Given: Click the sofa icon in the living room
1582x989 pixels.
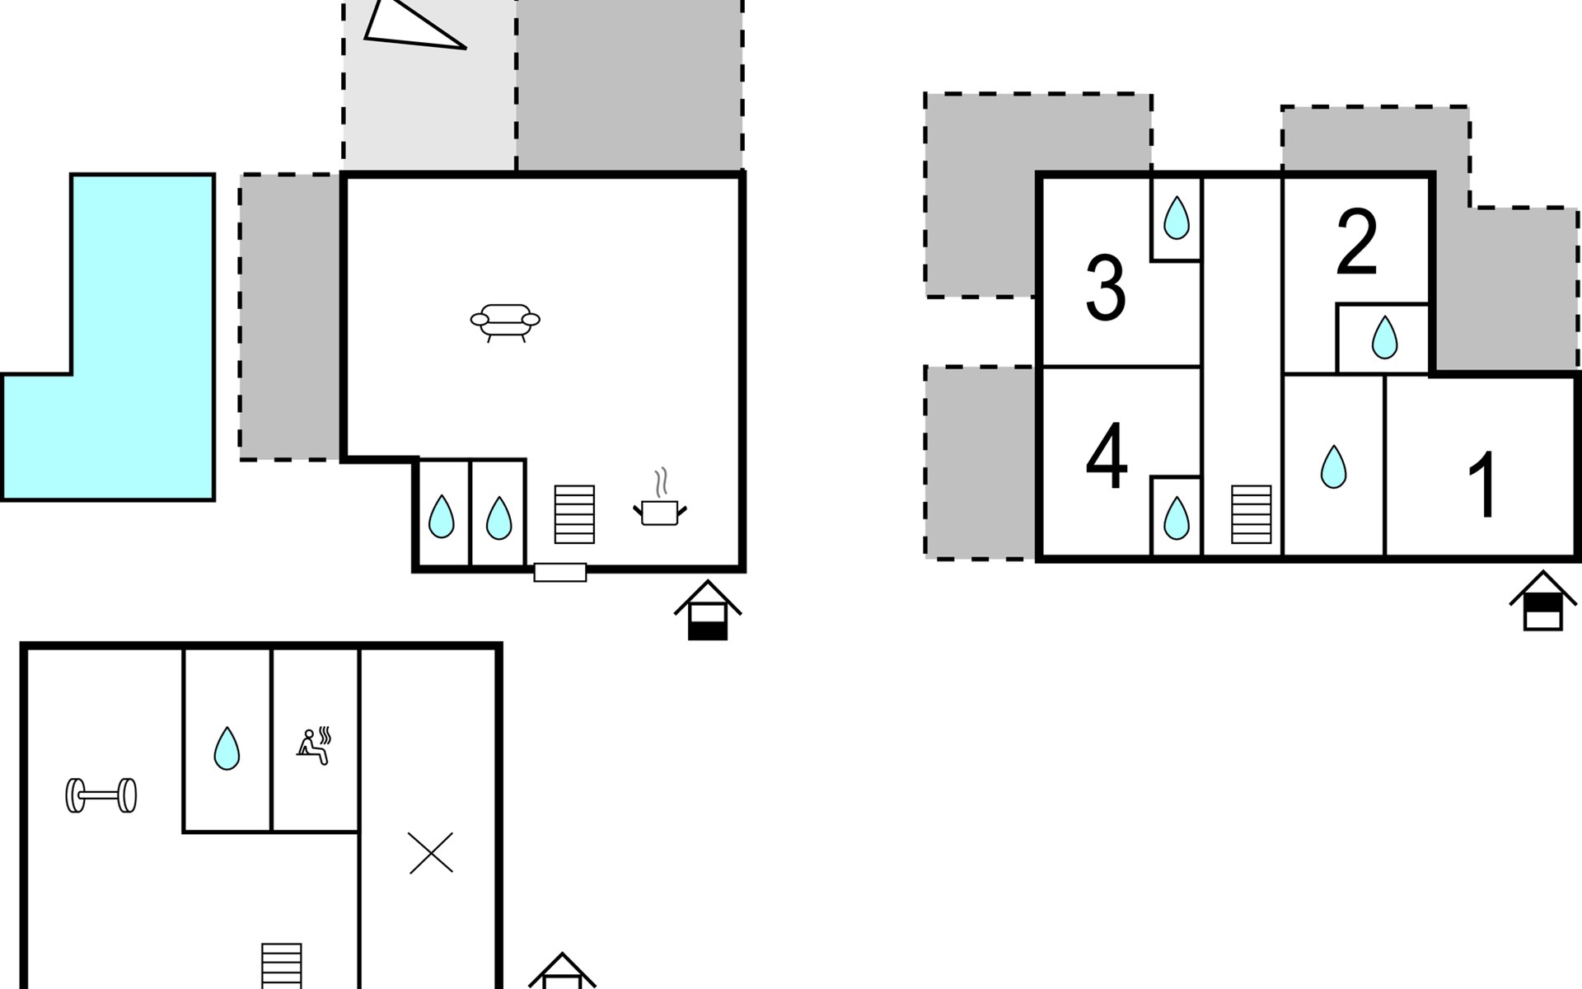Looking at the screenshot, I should pyautogui.click(x=505, y=321).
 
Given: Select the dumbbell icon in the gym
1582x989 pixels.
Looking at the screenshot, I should pyautogui.click(x=101, y=795).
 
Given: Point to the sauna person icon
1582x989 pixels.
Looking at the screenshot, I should pyautogui.click(x=314, y=746).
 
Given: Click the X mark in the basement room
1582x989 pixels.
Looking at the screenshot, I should pyautogui.click(x=431, y=853).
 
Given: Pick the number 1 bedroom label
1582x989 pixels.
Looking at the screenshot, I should pyautogui.click(x=1484, y=486).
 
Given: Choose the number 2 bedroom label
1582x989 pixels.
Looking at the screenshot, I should pyautogui.click(x=1356, y=242).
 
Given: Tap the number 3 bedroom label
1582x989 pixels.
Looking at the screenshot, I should pyautogui.click(x=1105, y=289).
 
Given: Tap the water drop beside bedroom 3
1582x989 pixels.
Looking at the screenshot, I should pyautogui.click(x=1176, y=218).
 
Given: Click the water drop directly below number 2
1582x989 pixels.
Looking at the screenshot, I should pyautogui.click(x=1384, y=338).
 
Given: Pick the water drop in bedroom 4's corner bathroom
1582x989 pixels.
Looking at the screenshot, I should pyautogui.click(x=1176, y=517).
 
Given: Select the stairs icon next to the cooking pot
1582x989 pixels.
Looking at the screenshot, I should pyautogui.click(x=574, y=514).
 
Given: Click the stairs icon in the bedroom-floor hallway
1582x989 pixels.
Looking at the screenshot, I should pyautogui.click(x=1251, y=514).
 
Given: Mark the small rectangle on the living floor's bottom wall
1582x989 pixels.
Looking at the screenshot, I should pyautogui.click(x=560, y=572).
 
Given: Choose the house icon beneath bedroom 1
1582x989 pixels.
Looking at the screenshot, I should pyautogui.click(x=1542, y=601).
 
